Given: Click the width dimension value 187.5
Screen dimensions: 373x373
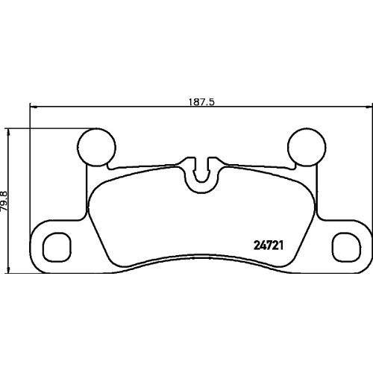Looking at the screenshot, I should click(x=201, y=104).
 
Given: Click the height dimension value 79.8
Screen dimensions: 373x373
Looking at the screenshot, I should click(x=7, y=201).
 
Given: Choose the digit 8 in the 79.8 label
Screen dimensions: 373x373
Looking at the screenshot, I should click(x=7, y=192).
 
